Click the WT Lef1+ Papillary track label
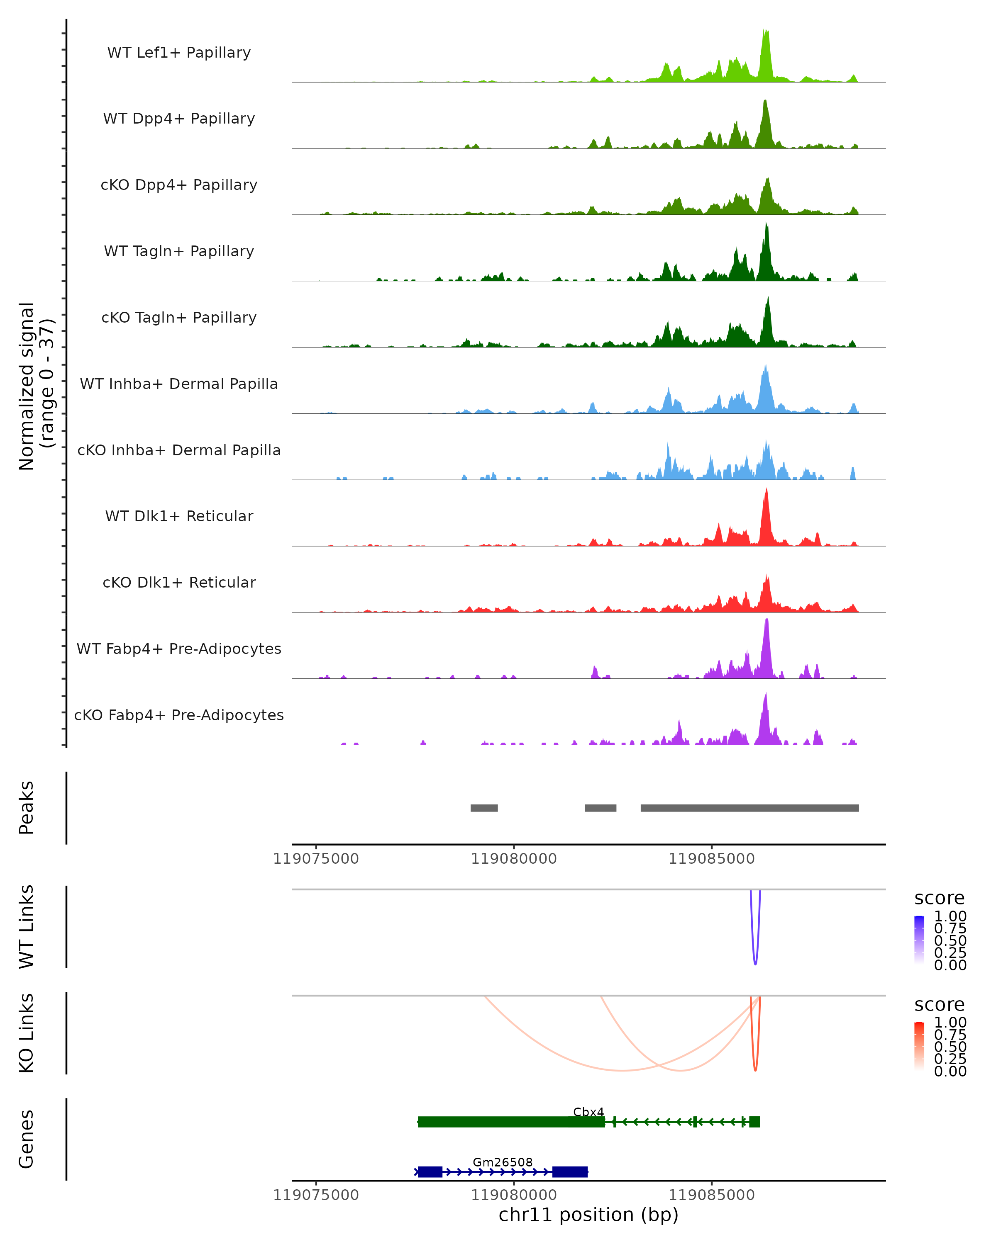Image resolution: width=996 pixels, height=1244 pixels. [179, 53]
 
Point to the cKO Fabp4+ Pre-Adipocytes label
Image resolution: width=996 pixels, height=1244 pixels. [179, 715]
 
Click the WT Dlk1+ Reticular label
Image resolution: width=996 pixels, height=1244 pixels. [179, 516]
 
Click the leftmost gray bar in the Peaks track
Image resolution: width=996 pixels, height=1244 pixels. [484, 808]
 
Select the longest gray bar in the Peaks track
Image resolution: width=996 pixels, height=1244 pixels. [749, 808]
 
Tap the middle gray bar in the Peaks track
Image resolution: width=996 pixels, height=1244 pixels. [600, 808]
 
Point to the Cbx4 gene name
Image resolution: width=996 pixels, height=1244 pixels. [588, 1112]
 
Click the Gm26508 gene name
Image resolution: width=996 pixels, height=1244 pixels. [502, 1162]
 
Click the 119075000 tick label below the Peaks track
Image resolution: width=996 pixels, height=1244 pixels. [316, 859]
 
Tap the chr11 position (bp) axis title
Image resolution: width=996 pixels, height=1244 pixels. [588, 1215]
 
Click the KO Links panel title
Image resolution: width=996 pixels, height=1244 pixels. [27, 1033]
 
